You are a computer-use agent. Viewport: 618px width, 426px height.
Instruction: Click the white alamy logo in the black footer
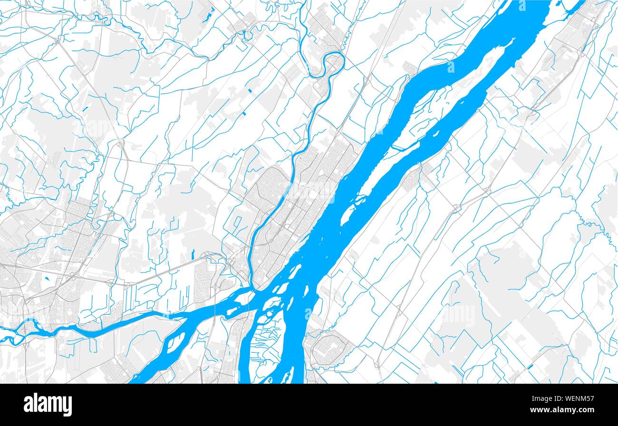tap(48, 405)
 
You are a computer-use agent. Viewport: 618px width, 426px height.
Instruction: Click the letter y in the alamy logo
tap(67, 407)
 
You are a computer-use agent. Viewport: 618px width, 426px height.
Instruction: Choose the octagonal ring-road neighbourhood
tap(328, 349)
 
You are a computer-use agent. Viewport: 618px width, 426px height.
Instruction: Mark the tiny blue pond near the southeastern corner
tap(530, 366)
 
